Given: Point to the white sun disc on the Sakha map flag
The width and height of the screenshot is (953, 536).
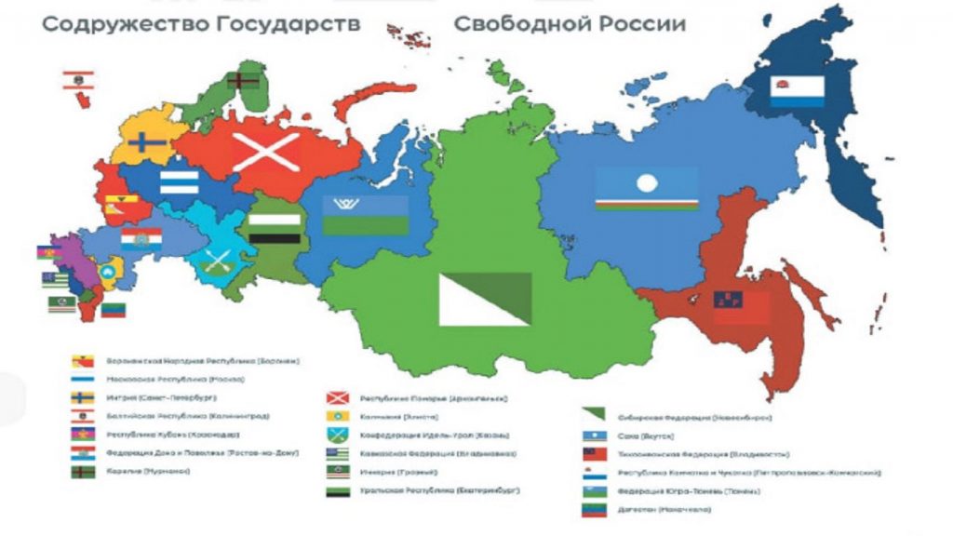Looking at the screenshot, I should (646, 183).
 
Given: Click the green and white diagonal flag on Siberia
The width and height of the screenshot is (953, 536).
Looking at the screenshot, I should (485, 299).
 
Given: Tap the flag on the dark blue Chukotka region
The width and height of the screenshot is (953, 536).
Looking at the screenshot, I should (797, 91).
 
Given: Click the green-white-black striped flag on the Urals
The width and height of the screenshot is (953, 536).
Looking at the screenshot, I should (274, 228).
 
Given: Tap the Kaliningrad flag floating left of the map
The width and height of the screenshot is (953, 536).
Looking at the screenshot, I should (76, 80).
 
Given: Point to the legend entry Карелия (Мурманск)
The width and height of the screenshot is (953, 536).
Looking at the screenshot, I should (150, 472).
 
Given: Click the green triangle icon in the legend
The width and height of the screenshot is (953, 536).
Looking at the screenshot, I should (593, 416).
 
